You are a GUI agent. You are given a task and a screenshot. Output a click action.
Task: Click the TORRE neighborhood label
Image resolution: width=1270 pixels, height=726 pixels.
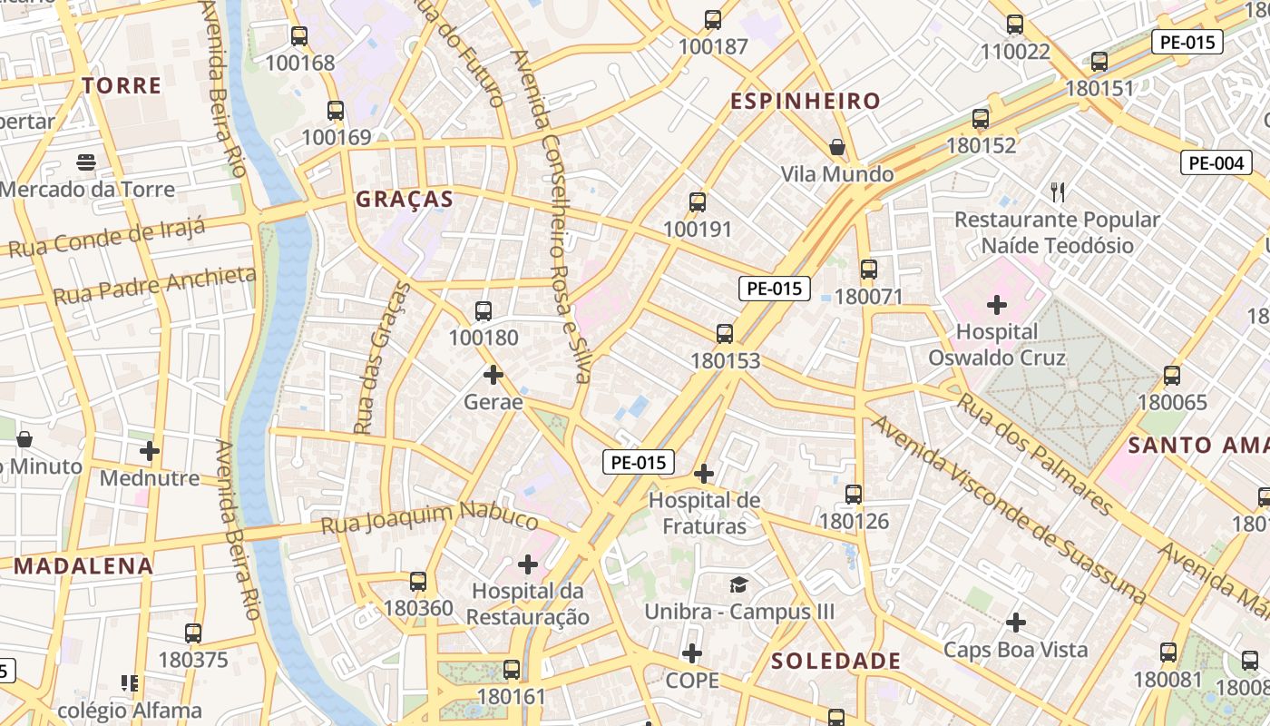coord(122,86)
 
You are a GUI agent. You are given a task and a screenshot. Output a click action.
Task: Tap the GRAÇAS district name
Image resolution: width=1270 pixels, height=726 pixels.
coord(404,200)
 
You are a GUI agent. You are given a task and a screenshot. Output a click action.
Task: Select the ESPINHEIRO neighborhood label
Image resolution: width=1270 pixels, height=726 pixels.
coord(806,101)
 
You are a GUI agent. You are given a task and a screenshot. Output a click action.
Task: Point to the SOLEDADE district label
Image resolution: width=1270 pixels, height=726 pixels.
coord(835,662)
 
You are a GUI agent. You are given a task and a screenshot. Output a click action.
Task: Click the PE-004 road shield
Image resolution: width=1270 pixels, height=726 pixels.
coord(1216,163)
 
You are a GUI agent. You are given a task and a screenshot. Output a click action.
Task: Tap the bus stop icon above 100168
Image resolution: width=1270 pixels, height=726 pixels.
coord(298,36)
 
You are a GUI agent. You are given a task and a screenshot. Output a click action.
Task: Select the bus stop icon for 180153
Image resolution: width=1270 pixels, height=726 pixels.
coord(725,333)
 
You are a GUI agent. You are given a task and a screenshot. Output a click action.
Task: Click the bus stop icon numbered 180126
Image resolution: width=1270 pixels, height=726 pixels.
coord(854,495)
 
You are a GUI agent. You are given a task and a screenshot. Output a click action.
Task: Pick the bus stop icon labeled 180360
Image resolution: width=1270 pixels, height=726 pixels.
coord(418,582)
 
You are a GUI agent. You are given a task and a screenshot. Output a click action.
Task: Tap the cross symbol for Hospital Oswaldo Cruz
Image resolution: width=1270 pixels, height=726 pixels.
coord(996,305)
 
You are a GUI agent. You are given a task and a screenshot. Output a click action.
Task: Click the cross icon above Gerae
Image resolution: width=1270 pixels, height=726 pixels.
coord(493,374)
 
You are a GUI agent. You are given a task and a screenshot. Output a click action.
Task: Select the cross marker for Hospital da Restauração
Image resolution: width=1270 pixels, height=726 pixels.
coord(528,564)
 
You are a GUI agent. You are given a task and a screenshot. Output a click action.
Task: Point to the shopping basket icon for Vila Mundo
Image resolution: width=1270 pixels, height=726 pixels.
coord(837,146)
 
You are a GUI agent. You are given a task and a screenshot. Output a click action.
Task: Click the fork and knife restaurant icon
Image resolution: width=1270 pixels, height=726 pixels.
coord(1057,191)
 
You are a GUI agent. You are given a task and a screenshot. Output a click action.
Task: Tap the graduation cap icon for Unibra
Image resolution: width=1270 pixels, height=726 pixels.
coord(739,584)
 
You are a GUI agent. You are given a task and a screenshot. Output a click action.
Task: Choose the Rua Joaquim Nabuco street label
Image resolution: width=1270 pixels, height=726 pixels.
coord(430,520)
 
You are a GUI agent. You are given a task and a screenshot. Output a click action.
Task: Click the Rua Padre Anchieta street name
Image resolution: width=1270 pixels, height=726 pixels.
coord(154,285)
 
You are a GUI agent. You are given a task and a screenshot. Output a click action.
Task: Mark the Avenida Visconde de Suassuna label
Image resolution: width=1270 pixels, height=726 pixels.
coord(1009,509)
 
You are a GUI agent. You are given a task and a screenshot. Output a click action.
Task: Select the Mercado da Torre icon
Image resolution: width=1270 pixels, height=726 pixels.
coord(86,162)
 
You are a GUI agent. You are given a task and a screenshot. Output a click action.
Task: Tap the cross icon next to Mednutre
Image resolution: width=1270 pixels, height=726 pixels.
coord(150,450)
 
